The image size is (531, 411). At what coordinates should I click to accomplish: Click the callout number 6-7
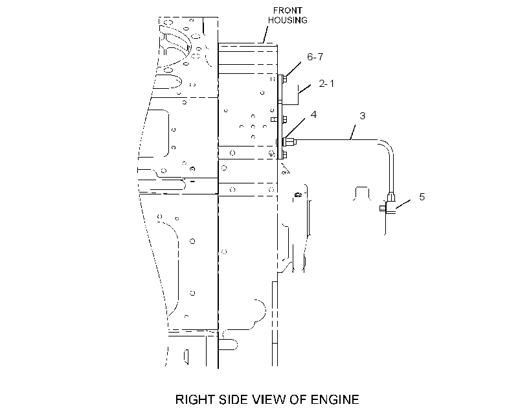point(315,56)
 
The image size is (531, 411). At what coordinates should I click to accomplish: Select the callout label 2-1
point(326,83)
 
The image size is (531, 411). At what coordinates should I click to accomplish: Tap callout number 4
point(313,115)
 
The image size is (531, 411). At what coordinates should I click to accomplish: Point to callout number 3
point(363,115)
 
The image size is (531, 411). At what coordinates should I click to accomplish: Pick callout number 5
point(422,196)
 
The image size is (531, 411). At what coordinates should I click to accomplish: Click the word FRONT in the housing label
point(288,10)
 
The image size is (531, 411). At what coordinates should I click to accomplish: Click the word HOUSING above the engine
point(288,20)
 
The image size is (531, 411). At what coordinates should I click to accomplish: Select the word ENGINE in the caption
point(335,399)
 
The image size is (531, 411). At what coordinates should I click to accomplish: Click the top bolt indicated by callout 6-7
point(284,78)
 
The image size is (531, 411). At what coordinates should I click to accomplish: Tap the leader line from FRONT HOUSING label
point(265,34)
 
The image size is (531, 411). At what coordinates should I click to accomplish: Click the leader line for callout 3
point(353,132)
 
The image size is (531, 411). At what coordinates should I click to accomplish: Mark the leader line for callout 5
point(403,204)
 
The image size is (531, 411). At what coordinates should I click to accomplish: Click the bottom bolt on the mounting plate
point(284,155)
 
